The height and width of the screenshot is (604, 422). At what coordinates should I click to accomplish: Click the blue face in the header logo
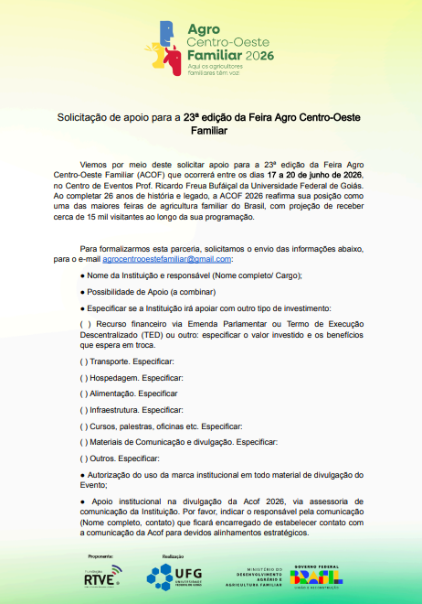(167, 33)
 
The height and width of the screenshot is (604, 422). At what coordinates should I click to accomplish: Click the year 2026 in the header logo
(258, 56)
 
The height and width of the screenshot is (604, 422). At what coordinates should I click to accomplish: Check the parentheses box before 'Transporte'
(84, 362)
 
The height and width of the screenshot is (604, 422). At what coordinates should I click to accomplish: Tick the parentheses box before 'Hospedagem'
(84, 378)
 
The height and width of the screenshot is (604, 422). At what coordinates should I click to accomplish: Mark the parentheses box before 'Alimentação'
(84, 394)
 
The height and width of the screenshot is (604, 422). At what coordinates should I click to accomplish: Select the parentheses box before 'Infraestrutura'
(84, 410)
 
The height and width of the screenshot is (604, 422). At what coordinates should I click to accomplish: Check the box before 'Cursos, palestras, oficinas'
(84, 426)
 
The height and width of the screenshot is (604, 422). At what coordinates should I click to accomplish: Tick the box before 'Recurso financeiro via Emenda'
(85, 323)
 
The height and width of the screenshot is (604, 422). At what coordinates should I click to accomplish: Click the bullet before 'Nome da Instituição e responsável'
(83, 275)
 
